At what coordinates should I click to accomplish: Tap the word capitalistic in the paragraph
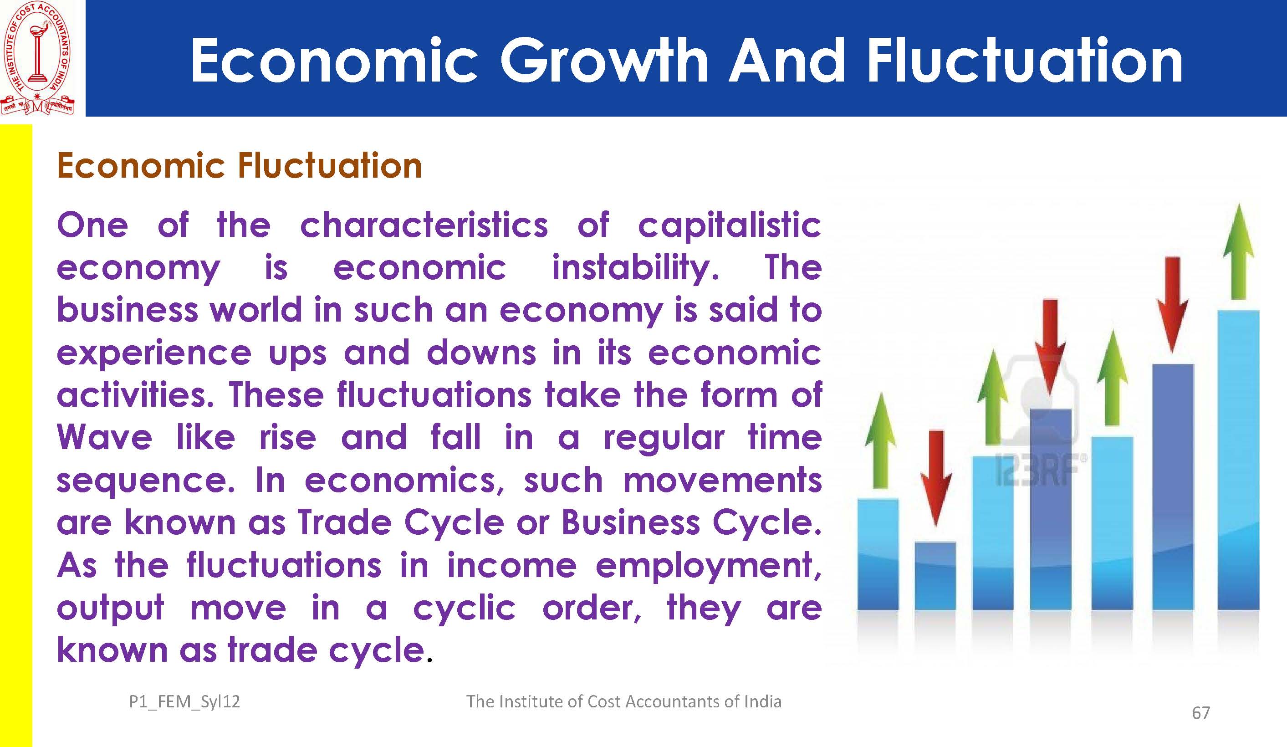[x=729, y=225]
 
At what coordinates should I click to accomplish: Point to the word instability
[x=636, y=268]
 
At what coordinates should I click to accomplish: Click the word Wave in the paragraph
[x=105, y=438]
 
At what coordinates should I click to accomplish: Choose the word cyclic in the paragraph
[x=464, y=609]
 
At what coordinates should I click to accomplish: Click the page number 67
[x=1200, y=713]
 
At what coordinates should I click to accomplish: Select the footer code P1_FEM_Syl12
[x=184, y=702]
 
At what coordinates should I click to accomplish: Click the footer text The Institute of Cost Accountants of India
[x=623, y=701]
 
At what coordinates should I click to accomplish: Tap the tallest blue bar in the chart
[x=1238, y=460]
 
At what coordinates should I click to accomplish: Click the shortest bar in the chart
[x=935, y=576]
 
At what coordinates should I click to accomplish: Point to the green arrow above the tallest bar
[x=1238, y=251]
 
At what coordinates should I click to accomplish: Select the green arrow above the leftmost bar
[x=880, y=440]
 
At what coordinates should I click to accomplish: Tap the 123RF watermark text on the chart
[x=1040, y=469]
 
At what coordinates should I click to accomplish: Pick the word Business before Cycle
[x=631, y=523]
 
